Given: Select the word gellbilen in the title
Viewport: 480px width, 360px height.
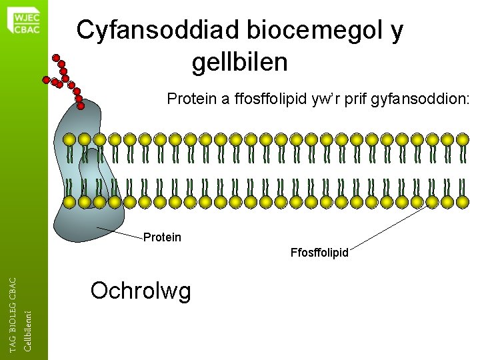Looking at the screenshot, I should [239, 63].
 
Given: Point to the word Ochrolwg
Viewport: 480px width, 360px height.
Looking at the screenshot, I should [141, 291].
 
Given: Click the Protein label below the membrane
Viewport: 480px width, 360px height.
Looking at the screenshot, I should [162, 237].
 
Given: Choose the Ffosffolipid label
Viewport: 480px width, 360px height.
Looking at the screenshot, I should [319, 253].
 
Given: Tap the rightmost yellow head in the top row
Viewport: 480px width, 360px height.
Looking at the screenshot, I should [463, 140].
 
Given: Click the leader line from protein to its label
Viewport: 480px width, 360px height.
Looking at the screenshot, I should [120, 232].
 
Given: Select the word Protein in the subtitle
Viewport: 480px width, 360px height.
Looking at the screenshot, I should [191, 100].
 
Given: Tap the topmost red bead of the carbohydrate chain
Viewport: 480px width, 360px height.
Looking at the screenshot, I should [57, 57].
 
